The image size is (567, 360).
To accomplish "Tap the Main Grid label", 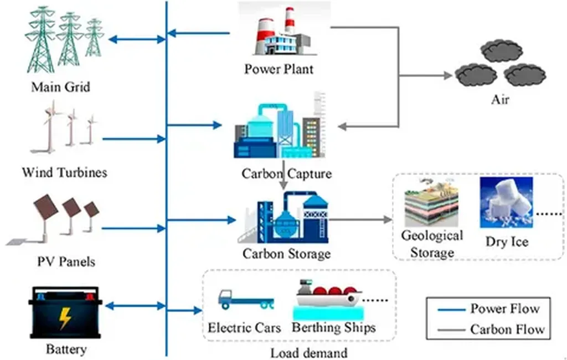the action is tap(60, 87).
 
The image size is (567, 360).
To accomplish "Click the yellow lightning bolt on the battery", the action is tap(65, 318).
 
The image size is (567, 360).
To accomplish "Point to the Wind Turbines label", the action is tap(64, 172).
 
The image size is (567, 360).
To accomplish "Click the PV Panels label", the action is tap(66, 261).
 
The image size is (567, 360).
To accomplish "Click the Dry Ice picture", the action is tap(506, 202).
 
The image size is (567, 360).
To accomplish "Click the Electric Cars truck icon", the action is tap(245, 299).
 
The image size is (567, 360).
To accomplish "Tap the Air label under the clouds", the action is tap(500, 99).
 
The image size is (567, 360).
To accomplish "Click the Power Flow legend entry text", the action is tap(505, 308).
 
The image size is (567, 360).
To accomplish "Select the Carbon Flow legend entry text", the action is tap(507, 329).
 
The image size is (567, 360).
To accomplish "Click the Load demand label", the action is tap(309, 353).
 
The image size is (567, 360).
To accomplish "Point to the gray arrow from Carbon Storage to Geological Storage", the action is tap(360, 219).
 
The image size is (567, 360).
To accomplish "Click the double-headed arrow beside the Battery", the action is tap(135, 306).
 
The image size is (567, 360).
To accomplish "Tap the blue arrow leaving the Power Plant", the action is tap(199, 33).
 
